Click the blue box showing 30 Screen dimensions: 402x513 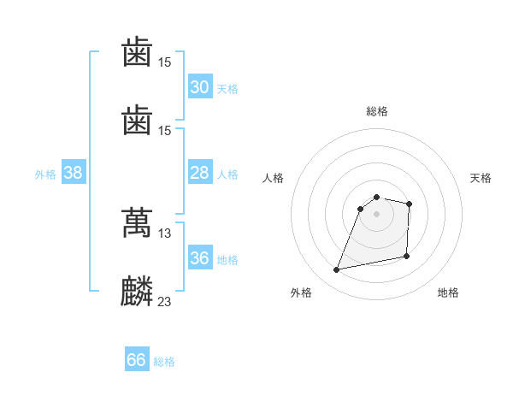point(199,87)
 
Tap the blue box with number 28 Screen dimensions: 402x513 point(199,173)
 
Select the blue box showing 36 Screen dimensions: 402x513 point(199,258)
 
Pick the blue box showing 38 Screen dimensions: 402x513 point(74,173)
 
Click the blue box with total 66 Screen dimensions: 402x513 point(136,360)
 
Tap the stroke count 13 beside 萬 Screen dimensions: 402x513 point(165,233)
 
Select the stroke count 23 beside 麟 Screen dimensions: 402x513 point(165,301)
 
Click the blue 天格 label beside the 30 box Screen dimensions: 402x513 point(227,88)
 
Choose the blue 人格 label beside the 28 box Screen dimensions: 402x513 point(227,174)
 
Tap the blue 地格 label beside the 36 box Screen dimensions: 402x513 point(227,259)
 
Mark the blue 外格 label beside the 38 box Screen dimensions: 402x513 point(45,174)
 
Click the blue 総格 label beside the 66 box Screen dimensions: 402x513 point(164,361)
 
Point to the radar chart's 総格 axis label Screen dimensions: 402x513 point(377,111)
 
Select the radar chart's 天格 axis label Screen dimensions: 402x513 point(481,178)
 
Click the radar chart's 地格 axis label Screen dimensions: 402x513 point(448,293)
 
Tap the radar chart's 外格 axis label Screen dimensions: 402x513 point(301,293)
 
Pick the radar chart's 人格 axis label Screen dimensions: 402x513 point(273,178)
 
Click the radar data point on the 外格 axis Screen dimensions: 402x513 point(337,270)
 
